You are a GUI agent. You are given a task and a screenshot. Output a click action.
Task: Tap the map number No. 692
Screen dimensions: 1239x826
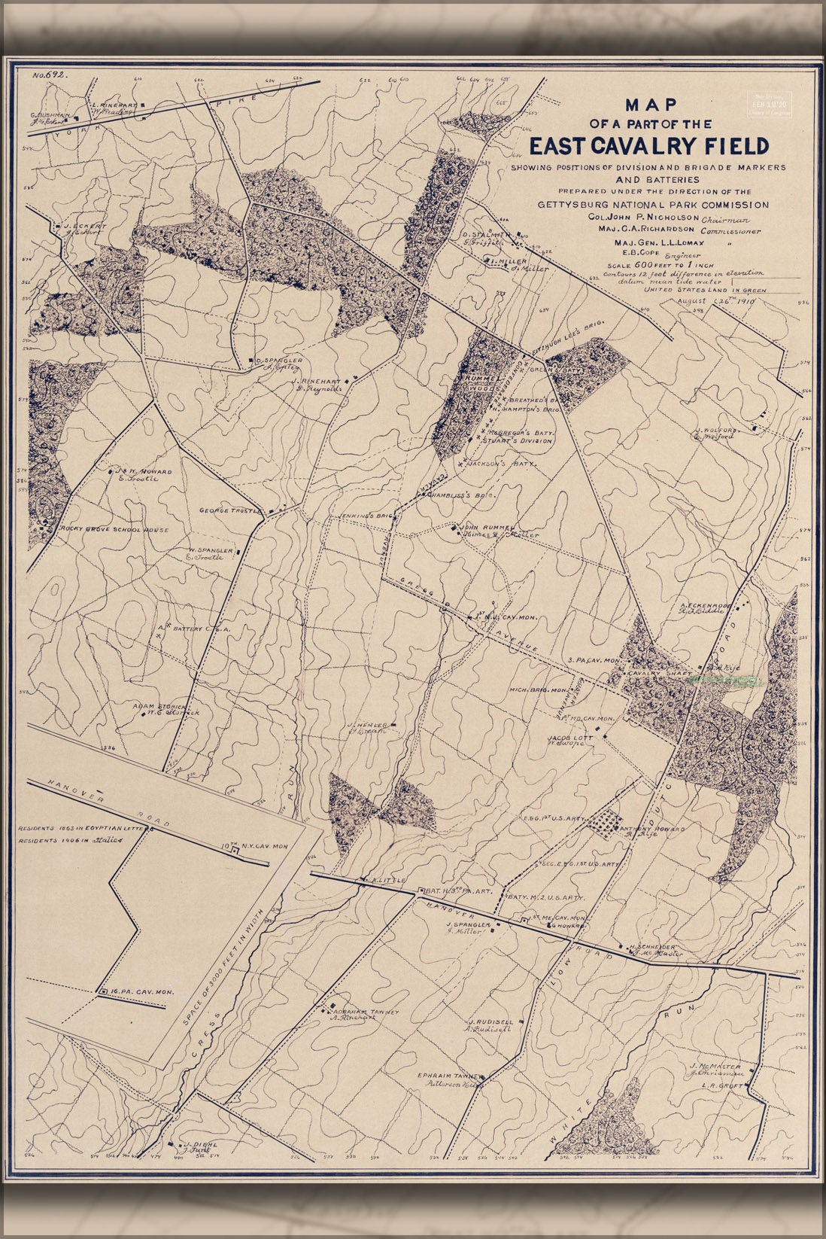coord(50,75)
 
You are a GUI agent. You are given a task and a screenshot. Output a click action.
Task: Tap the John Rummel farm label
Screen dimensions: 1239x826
coord(488,526)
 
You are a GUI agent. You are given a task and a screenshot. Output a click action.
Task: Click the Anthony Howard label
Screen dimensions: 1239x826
coord(652,829)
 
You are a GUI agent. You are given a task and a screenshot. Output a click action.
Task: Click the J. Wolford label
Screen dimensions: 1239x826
coord(719,430)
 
